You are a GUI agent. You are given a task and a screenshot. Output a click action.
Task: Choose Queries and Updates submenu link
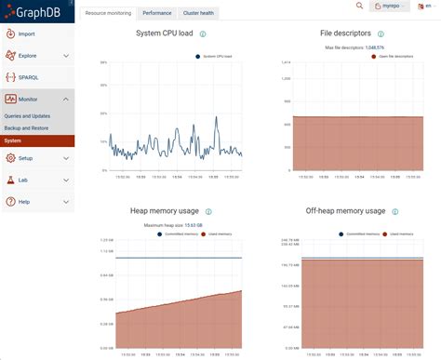pyautogui.click(x=28, y=116)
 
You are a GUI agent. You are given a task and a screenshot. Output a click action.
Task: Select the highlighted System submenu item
pyautogui.click(x=13, y=140)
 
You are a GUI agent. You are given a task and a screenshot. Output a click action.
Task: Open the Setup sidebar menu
pyautogui.click(x=26, y=158)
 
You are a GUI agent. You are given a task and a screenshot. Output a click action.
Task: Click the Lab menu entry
pyautogui.click(x=23, y=180)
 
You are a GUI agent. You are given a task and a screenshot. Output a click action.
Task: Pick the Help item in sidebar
pyautogui.click(x=24, y=201)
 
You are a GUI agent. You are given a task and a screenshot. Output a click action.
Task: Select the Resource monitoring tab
pyautogui.click(x=107, y=14)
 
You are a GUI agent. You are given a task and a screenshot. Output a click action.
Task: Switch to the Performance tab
pyautogui.click(x=156, y=14)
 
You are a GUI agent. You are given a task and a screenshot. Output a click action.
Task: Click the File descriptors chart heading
pyautogui.click(x=345, y=36)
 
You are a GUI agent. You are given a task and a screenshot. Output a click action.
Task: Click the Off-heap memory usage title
pyautogui.click(x=345, y=212)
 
